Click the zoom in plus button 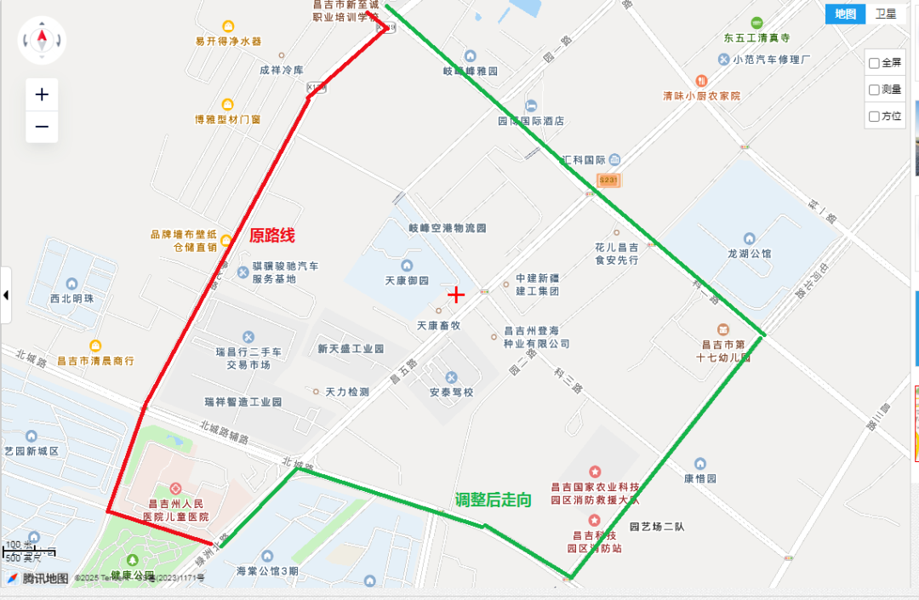pyautogui.click(x=42, y=94)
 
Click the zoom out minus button pyautogui.click(x=42, y=128)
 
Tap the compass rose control pyautogui.click(x=42, y=39)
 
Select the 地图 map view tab pyautogui.click(x=845, y=14)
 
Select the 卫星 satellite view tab pyautogui.click(x=886, y=14)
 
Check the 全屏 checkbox pyautogui.click(x=874, y=63)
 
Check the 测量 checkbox pyautogui.click(x=874, y=89)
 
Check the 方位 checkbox pyautogui.click(x=874, y=116)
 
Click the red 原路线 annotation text pyautogui.click(x=271, y=236)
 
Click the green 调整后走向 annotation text pyautogui.click(x=493, y=500)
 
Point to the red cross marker pyautogui.click(x=456, y=294)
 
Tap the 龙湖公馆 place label pyautogui.click(x=750, y=254)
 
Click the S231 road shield pyautogui.click(x=608, y=180)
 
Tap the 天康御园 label pyautogui.click(x=407, y=281)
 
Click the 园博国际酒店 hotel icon pyautogui.click(x=531, y=106)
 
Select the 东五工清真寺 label pyautogui.click(x=757, y=38)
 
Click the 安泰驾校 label pyautogui.click(x=451, y=392)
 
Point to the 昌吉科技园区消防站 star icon pyautogui.click(x=595, y=519)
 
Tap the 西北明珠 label pyautogui.click(x=71, y=299)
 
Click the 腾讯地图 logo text pyautogui.click(x=45, y=579)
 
